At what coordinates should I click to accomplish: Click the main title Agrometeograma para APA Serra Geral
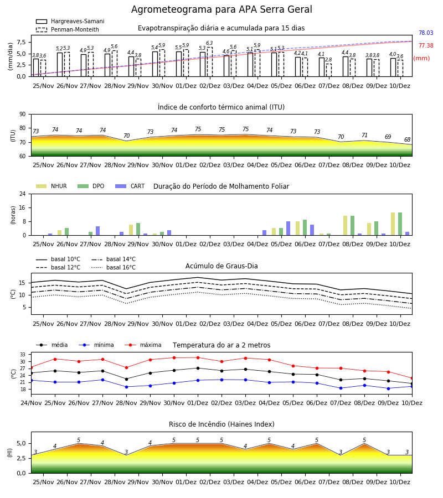[221, 9]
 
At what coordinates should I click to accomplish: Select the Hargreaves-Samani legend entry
[70, 21]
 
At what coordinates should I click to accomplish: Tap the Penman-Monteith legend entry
[68, 29]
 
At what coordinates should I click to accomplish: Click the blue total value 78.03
[426, 33]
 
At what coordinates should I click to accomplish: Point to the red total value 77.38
[426, 45]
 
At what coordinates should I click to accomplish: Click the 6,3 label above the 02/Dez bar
[209, 43]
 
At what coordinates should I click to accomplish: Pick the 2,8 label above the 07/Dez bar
[328, 60]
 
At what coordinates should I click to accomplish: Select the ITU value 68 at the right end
[407, 139]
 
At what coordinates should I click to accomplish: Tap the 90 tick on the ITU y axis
[23, 115]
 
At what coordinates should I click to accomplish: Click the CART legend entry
[130, 186]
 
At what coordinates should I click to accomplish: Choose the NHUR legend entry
[51, 186]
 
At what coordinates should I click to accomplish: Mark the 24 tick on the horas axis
[23, 194]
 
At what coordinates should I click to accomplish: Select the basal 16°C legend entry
[114, 267]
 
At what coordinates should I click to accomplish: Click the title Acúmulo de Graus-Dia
[221, 266]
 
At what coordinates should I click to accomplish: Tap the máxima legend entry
[143, 345]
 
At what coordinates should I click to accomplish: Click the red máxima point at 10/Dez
[412, 378]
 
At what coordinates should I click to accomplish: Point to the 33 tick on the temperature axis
[23, 355]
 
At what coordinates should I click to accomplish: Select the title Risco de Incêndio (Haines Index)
[221, 424]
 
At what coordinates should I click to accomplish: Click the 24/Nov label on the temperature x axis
[31, 403]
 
